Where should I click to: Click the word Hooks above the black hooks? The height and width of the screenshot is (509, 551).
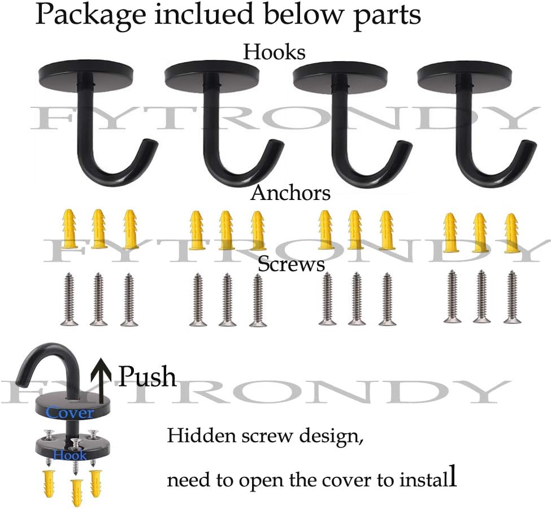pos(274,53)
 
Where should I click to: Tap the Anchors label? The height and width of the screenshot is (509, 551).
pos(290,193)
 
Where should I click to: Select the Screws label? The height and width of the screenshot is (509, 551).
pos(291,264)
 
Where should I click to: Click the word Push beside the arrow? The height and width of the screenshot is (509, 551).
pos(147,376)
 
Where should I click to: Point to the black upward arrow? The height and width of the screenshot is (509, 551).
pos(101,380)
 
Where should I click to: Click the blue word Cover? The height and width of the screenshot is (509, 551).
pos(70,412)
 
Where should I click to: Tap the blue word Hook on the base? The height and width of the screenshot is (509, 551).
pos(70,455)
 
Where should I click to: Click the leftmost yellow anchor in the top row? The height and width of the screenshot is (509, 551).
pos(69,229)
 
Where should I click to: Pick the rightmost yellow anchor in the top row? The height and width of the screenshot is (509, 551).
pos(511,233)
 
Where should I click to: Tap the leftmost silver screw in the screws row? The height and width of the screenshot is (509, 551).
pos(69,299)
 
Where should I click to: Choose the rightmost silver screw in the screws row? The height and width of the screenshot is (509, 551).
pos(513,297)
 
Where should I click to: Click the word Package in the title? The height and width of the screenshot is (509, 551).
pos(90,16)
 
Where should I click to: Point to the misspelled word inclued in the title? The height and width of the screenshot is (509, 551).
pos(204,14)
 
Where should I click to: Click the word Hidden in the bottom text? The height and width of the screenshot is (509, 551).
pos(201,436)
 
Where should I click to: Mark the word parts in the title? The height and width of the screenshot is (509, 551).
pos(387,18)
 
